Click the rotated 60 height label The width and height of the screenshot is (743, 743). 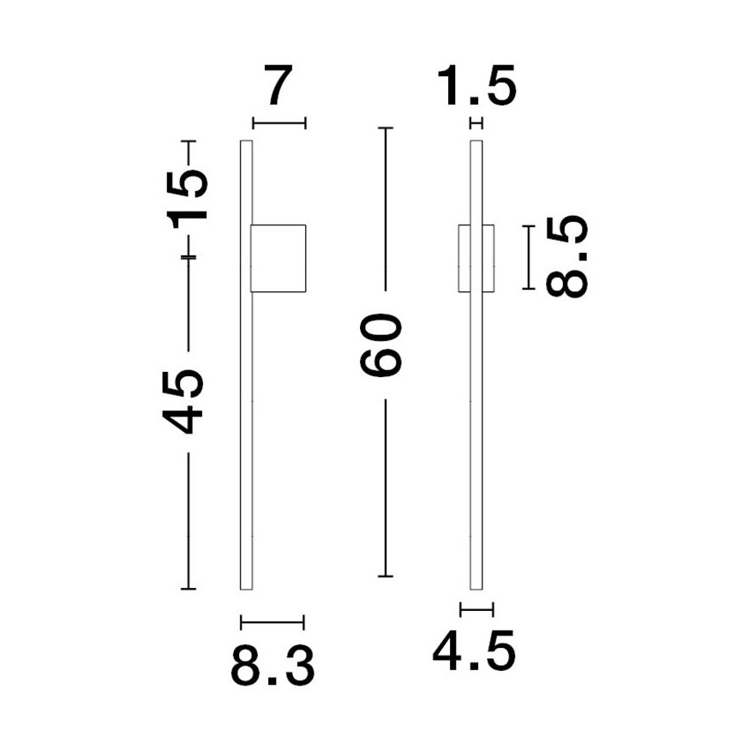click(383, 345)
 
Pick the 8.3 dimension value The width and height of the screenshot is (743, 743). click(273, 666)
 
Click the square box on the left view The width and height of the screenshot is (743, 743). click(278, 257)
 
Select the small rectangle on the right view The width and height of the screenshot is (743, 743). click(476, 259)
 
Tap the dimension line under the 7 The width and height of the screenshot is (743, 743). click(279, 123)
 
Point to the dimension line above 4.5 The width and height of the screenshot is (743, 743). click(476, 609)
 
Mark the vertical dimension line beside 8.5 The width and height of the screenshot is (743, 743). click(529, 257)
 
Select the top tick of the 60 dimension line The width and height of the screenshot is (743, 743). click(386, 129)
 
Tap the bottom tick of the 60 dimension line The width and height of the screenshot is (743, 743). click(386, 576)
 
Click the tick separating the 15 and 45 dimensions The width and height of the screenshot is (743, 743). click(189, 257)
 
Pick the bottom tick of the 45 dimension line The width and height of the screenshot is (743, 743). click(189, 589)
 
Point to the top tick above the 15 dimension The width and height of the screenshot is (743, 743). click(189, 140)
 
